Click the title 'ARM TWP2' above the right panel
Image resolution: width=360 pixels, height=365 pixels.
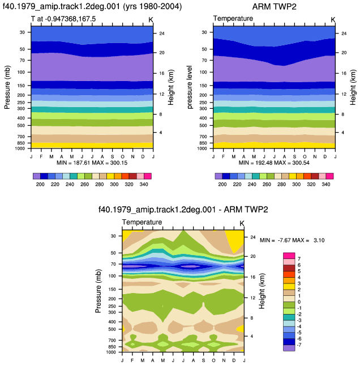click(x=274, y=7)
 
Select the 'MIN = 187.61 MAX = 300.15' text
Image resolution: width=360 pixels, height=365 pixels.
click(x=92, y=163)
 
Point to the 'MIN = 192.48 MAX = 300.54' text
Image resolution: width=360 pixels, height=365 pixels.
click(x=274, y=163)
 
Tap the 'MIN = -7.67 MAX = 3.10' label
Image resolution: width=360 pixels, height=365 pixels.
click(x=292, y=240)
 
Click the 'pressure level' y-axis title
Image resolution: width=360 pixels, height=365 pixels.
click(x=190, y=87)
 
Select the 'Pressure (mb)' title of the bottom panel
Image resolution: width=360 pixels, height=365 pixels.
click(x=98, y=291)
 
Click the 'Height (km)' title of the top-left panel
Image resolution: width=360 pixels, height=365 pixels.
click(x=171, y=87)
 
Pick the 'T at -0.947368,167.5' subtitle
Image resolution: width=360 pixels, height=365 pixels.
click(x=63, y=19)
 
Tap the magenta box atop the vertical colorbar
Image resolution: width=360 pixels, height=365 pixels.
click(x=289, y=256)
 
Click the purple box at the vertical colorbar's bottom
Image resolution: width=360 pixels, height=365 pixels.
click(x=289, y=348)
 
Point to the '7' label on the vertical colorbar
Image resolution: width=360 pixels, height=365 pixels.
click(x=299, y=259)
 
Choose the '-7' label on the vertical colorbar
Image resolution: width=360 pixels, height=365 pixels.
click(x=299, y=345)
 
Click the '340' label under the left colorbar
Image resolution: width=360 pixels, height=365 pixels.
click(x=144, y=184)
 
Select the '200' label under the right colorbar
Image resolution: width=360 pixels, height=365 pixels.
click(x=222, y=184)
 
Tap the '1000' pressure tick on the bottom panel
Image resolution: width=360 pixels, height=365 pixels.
click(x=110, y=352)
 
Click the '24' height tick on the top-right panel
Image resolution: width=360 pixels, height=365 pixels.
click(x=344, y=33)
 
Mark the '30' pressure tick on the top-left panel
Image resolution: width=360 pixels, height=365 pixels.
click(x=22, y=32)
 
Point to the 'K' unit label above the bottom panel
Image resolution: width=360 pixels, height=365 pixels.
click(x=242, y=223)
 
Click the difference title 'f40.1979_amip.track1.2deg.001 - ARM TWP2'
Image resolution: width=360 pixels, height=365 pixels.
click(x=183, y=210)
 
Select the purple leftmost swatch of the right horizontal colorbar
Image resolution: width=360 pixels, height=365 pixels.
click(x=218, y=176)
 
